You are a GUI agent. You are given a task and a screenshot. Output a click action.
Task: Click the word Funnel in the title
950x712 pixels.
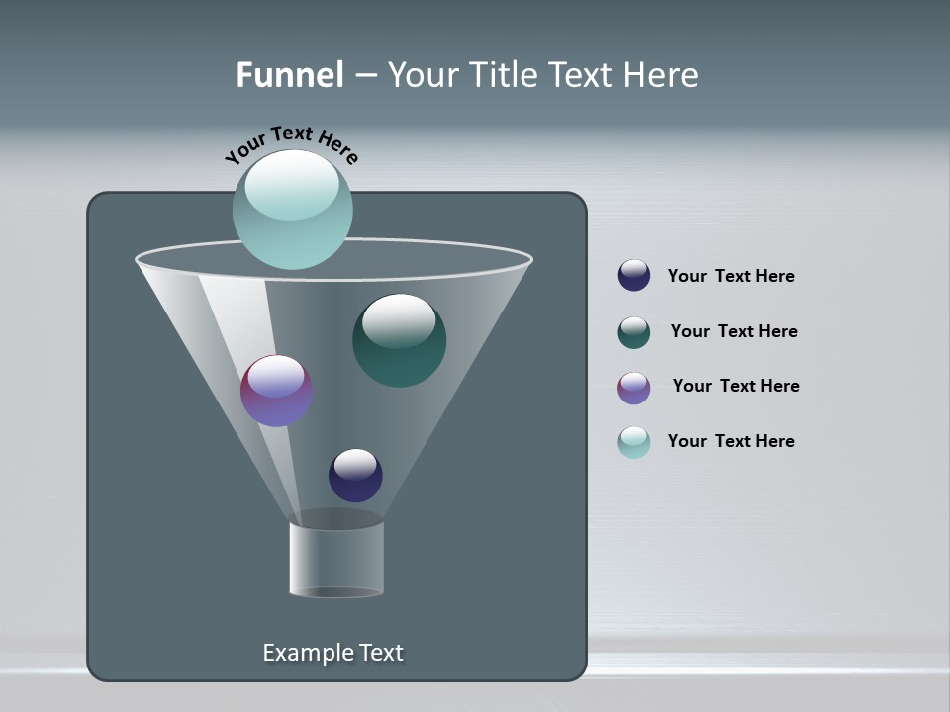289,75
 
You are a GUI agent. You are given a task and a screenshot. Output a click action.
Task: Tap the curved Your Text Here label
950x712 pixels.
292,143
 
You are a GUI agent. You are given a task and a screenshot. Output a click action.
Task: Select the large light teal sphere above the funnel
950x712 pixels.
293,210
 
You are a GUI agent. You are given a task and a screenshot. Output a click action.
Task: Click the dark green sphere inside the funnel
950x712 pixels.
399,341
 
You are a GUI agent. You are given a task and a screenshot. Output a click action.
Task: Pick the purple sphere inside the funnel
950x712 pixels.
276,391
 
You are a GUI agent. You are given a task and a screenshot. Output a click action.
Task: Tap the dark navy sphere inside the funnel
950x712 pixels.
355,475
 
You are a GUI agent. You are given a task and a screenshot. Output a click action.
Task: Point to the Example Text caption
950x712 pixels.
333,653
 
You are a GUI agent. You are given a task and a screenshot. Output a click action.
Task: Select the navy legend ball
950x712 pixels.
634,275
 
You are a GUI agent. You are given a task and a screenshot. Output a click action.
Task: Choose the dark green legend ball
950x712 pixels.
634,332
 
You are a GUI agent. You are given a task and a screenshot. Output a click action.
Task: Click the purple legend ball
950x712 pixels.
634,388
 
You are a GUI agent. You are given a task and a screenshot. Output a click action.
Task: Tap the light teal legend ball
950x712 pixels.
634,442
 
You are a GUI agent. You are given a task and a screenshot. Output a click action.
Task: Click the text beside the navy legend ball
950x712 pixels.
730,276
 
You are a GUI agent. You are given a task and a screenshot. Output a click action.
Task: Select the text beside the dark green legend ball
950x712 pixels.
733,331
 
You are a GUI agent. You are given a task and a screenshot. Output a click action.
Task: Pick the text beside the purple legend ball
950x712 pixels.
735,386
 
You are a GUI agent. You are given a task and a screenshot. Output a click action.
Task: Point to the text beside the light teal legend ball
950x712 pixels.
730,441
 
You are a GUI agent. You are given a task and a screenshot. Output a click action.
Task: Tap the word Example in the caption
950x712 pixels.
305,653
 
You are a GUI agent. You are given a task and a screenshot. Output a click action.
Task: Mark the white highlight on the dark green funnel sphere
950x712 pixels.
399,320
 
